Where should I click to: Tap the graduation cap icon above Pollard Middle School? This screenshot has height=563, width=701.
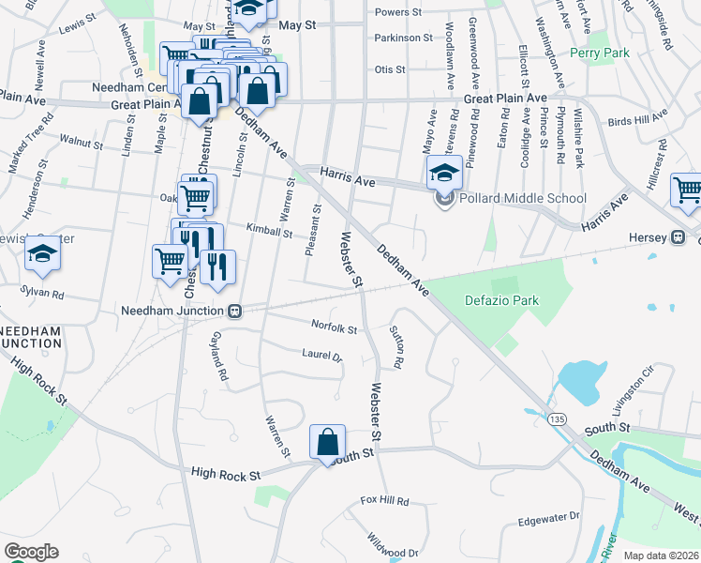coord(443,171)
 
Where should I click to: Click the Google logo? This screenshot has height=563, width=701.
coord(30,552)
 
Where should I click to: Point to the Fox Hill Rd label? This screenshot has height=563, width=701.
coord(384,502)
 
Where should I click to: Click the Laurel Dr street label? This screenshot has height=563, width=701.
coord(322,356)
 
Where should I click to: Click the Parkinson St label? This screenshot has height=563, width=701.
coord(403,38)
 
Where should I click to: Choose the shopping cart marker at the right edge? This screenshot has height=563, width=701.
coord(687,190)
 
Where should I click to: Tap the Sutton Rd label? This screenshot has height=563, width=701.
coord(397,348)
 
